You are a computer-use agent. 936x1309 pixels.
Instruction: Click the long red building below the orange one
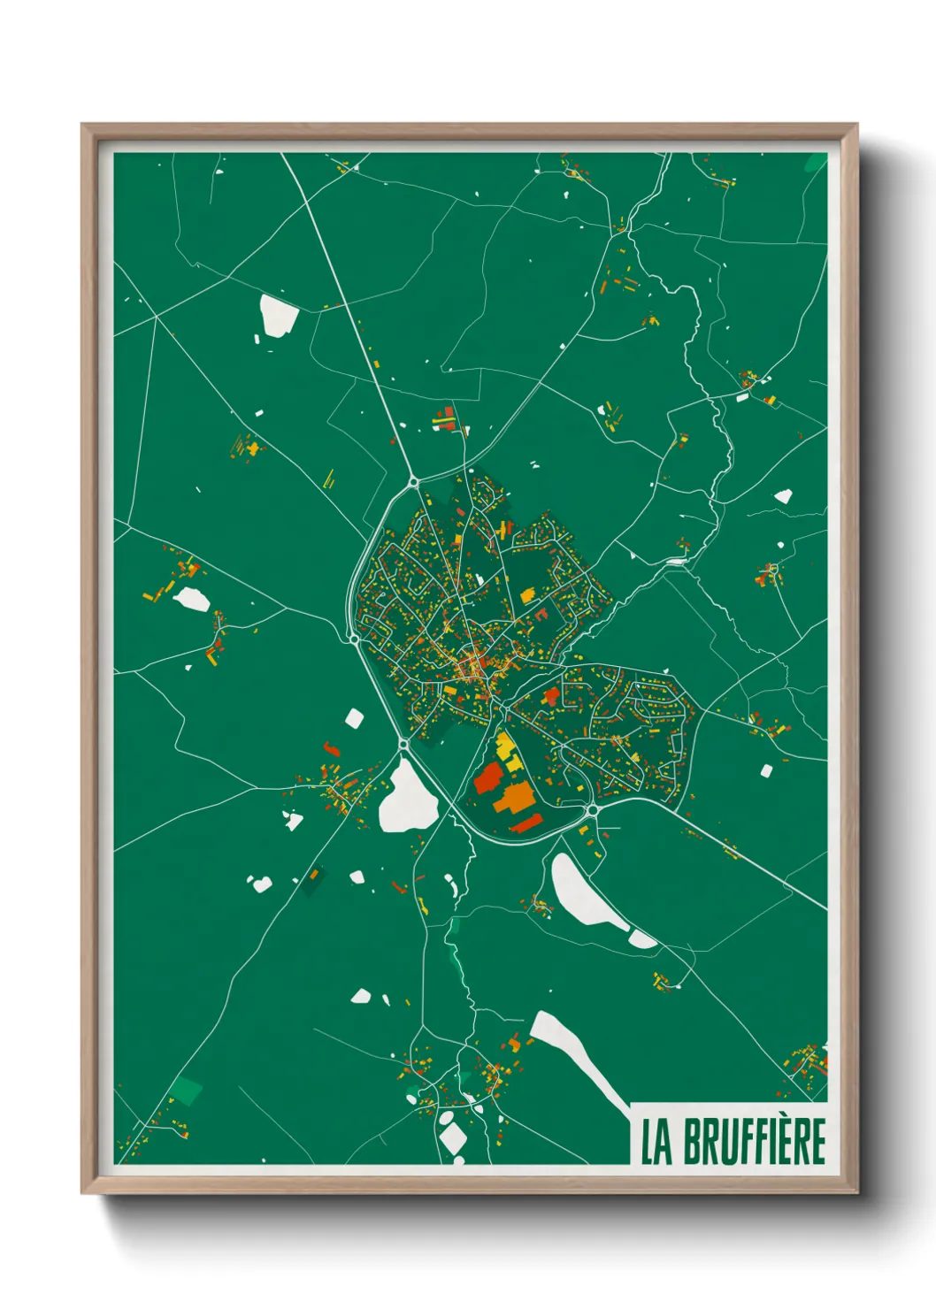(526, 824)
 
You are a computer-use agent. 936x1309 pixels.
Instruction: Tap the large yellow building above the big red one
(505, 747)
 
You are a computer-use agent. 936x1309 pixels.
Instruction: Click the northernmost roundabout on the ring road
(414, 482)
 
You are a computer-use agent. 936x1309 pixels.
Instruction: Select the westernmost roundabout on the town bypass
(354, 638)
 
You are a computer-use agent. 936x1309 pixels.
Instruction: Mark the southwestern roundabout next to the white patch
(403, 746)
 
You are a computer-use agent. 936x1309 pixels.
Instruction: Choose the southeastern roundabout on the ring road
(592, 809)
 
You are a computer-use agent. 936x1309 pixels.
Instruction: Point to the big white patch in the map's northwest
(278, 315)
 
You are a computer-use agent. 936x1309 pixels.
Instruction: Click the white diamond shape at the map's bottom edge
(453, 1137)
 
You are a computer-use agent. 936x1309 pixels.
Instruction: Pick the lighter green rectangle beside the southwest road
(187, 1091)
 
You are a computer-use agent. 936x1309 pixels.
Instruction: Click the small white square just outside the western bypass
(354, 717)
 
